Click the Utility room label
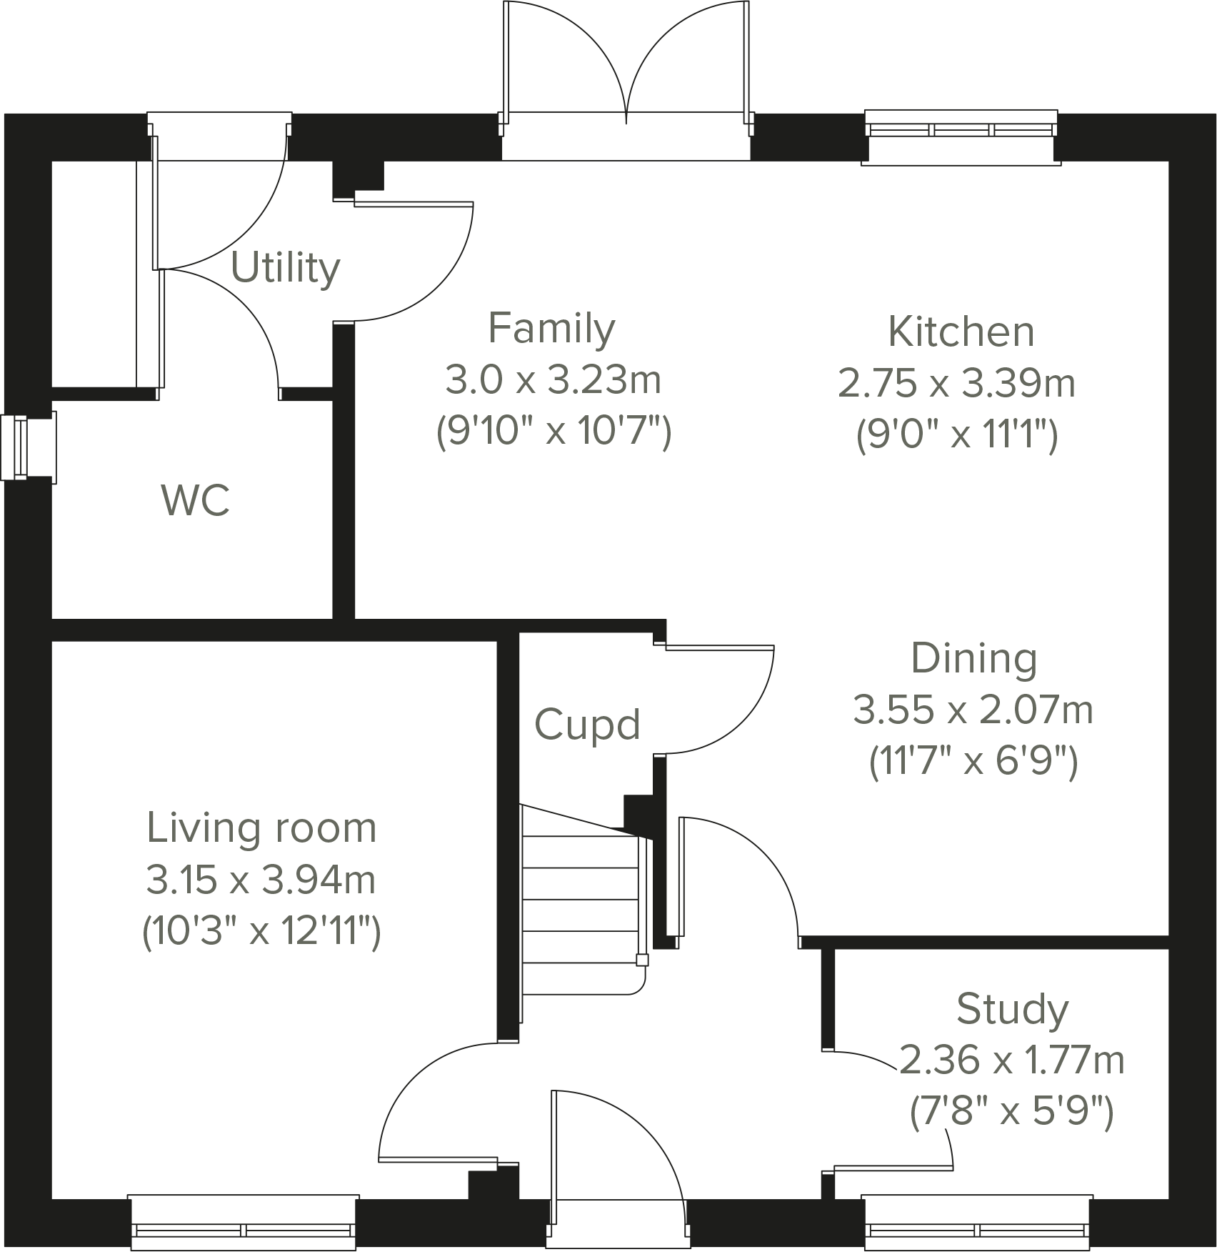286,269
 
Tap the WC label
196,500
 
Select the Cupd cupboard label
587,725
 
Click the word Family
551,329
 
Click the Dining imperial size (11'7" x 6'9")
973,762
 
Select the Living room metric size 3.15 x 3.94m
261,880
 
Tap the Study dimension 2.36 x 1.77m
1011,1060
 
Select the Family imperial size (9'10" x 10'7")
554,432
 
